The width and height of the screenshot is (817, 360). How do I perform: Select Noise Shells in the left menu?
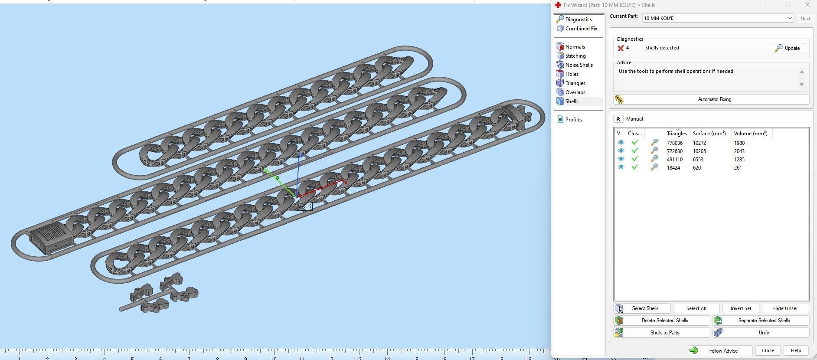point(578,65)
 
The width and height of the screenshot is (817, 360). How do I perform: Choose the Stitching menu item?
point(575,56)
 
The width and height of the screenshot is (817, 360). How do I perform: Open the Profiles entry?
point(573,120)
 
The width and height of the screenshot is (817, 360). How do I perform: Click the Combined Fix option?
point(581,29)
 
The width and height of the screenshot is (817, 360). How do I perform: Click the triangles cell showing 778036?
point(674,143)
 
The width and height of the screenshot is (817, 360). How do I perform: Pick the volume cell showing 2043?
point(739,151)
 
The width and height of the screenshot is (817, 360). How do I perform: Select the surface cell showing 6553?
point(698,160)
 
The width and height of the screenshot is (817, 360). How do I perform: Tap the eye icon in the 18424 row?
point(621,167)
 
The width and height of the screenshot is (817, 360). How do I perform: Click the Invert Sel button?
point(740,308)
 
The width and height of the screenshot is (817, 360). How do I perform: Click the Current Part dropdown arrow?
point(790,18)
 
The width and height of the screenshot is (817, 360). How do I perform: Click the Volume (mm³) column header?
point(750,134)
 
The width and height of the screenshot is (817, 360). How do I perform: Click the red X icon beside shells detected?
point(621,48)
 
